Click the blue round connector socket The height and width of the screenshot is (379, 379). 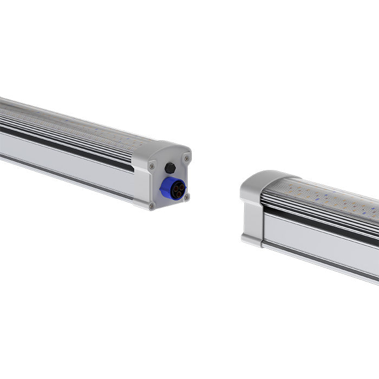click(x=174, y=188)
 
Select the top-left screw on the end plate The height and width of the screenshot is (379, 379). click(x=152, y=166)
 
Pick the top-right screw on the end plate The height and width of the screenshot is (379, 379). click(x=186, y=158)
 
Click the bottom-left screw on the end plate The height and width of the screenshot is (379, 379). click(x=152, y=206)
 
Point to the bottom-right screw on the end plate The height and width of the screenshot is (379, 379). click(x=186, y=197)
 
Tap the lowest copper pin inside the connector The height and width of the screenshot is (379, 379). click(x=175, y=193)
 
